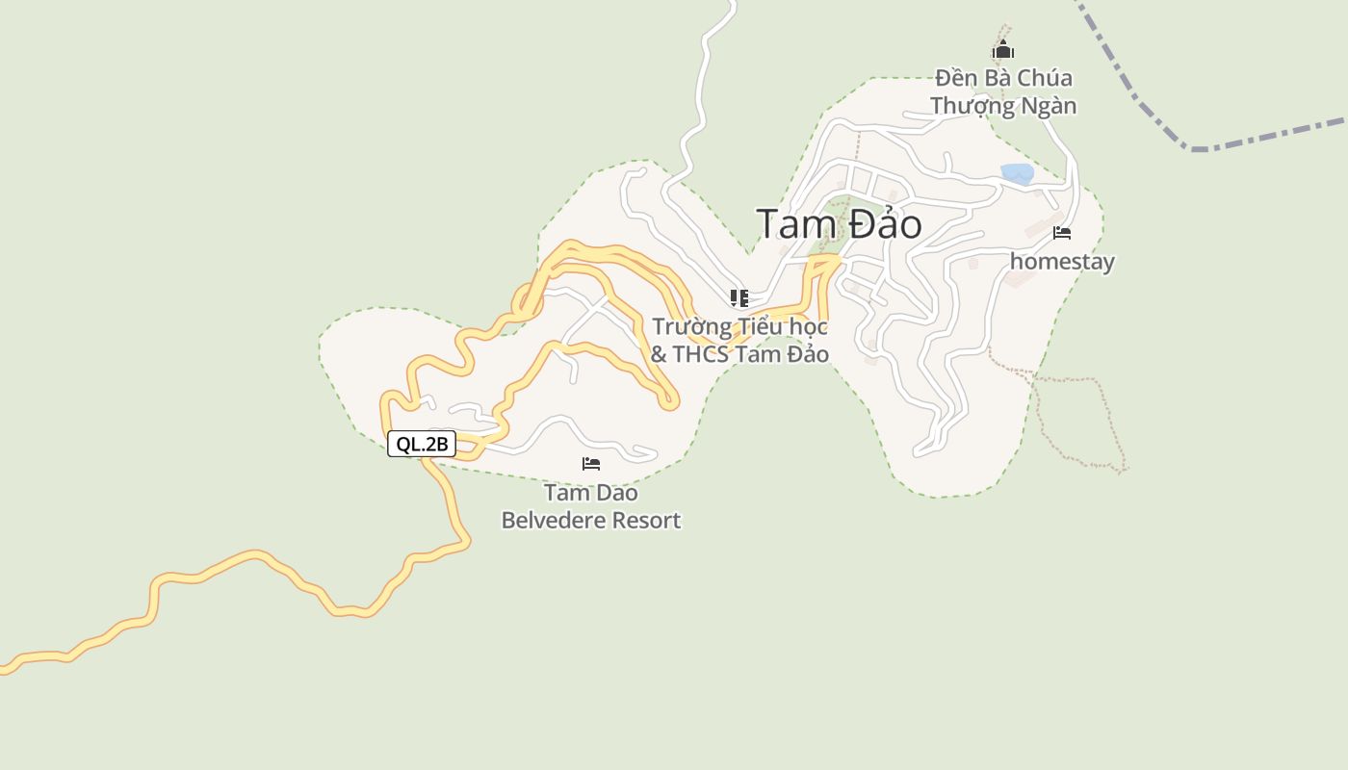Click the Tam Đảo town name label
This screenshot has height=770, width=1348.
pos(839,224)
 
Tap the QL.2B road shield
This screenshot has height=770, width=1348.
pos(422,444)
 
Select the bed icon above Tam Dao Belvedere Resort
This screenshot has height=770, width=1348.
pos(591,464)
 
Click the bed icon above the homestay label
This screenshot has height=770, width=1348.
pos(1062,233)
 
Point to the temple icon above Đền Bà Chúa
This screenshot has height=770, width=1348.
pos(1003,50)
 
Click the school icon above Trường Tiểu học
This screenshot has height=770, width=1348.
pos(739,297)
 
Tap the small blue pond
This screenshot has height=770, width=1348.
pos(1018,173)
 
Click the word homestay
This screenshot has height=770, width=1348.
pos(1062,262)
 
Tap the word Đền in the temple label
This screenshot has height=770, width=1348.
pos(956,78)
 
